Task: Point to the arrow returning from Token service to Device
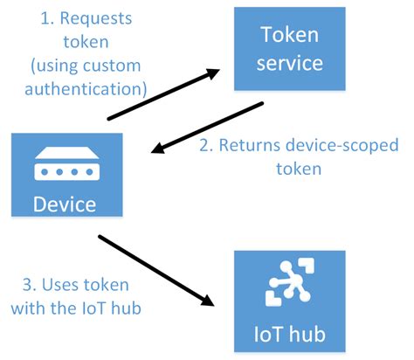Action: click(x=208, y=128)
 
